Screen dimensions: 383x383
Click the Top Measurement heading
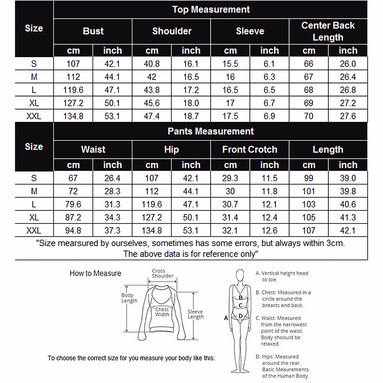pos(211,10)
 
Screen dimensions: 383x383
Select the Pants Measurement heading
pos(211,131)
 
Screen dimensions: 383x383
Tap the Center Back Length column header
pos(328,31)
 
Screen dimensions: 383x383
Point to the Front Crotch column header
pos(250,149)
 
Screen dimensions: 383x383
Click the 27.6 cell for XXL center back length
pos(348,116)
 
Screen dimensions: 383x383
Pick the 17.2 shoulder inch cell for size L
pos(191,90)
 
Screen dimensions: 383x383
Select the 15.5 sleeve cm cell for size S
pos(230,64)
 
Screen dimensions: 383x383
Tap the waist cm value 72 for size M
pos(73,191)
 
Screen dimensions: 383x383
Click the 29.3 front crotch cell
pos(230,178)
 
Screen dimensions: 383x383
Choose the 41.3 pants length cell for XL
pos(348,217)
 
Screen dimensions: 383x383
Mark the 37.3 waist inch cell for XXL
pos(112,230)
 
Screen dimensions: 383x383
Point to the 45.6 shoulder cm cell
pos(152,103)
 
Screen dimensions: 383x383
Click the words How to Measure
pos(95,274)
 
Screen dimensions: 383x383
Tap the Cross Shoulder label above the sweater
pos(162,274)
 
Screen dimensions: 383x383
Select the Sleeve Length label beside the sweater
pos(195,314)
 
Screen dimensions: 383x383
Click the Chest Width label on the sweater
pos(162,312)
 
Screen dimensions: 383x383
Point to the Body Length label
pos(129,298)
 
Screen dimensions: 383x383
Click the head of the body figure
pos(240,275)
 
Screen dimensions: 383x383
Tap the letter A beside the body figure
pos(226,318)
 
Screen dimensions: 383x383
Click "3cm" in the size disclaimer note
pos(335,243)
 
